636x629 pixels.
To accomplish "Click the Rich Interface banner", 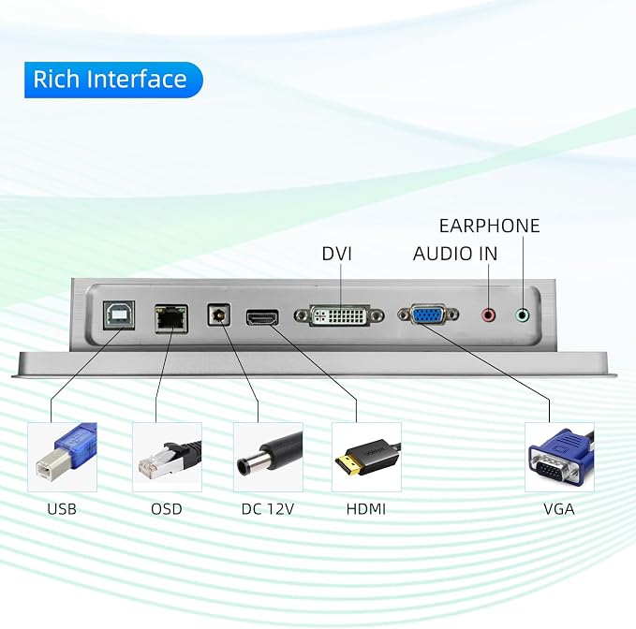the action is [113, 80].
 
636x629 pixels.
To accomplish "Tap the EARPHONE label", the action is [489, 226].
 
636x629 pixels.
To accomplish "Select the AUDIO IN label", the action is [455, 254].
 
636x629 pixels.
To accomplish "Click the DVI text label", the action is [336, 254].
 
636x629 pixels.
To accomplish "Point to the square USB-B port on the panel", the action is [119, 314].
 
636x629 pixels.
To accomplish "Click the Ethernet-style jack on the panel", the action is [171, 318].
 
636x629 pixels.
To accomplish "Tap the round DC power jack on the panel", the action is [219, 314].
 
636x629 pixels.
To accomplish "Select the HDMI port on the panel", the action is [262, 317].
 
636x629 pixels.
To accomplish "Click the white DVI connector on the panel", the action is [339, 315].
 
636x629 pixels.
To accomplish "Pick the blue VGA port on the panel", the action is [428, 314].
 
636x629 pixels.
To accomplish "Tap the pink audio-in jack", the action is [489, 314].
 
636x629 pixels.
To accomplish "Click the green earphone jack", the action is [523, 314].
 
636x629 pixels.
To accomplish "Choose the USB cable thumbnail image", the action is [62, 457].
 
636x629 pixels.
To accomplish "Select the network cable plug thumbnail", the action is [167, 457].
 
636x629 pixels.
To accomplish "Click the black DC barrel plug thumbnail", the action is [268, 457].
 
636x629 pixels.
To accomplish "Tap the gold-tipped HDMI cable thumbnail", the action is [366, 457].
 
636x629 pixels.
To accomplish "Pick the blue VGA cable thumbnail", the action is [560, 457].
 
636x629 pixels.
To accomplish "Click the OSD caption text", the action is [167, 509].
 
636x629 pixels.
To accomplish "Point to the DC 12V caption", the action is [268, 509].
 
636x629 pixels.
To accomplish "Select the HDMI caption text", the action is [366, 509].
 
